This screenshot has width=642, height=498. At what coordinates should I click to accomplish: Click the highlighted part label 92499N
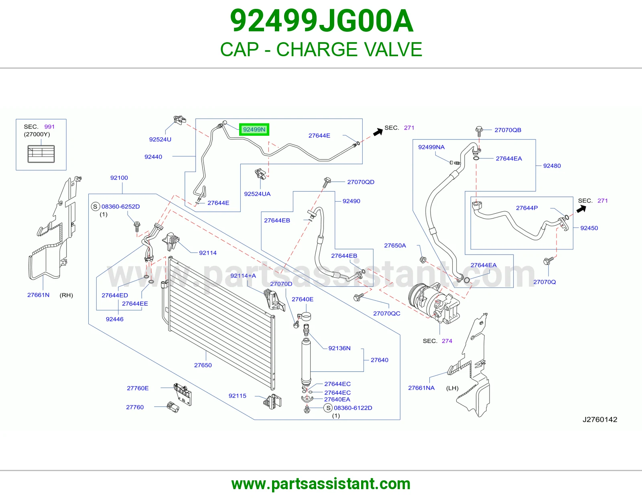coord(254,130)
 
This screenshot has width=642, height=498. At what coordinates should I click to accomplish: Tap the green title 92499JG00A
coord(321,21)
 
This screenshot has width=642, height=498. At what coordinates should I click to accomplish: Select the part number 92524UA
coord(257,194)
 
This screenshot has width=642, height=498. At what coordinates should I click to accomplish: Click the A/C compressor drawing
coord(434,302)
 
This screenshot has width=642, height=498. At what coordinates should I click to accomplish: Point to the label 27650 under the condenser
coord(203,365)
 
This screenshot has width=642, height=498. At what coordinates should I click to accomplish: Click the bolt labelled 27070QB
coord(479,131)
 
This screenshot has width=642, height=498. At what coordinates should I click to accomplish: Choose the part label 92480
coord(552,166)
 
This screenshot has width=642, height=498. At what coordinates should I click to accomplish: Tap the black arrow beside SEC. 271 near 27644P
coord(581,209)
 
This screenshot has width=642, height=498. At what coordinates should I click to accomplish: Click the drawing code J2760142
coord(600,419)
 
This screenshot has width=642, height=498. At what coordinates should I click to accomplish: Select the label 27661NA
coord(421,388)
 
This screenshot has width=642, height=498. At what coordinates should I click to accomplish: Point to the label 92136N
coord(339,348)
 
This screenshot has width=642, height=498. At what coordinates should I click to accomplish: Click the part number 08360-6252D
coord(120,206)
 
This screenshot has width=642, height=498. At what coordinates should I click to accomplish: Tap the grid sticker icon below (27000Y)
coord(41,154)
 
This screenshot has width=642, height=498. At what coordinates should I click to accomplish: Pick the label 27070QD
coord(360,182)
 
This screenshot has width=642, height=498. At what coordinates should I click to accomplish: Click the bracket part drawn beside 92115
coord(272,402)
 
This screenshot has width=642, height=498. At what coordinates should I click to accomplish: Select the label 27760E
coord(138,388)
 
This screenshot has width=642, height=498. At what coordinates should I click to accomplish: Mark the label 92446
coord(115,319)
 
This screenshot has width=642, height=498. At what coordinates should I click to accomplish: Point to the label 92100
coord(119,178)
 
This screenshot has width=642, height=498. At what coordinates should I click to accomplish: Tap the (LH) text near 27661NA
coord(452,388)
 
